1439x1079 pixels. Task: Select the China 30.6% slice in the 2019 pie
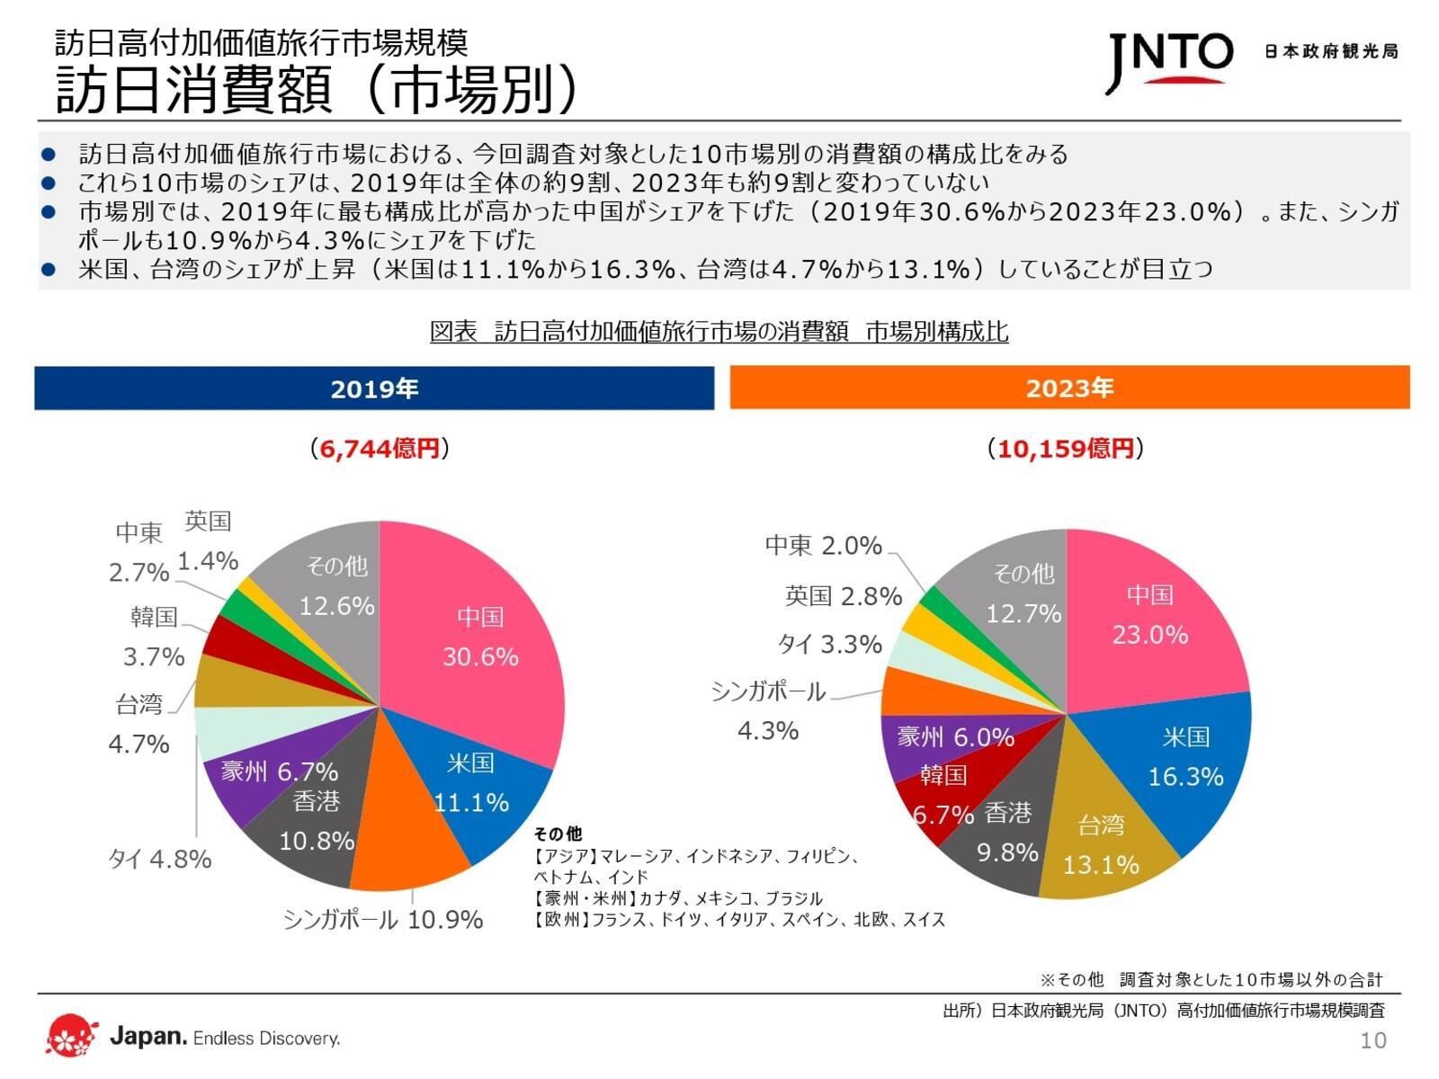(x=486, y=638)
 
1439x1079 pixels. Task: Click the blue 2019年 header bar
(x=374, y=388)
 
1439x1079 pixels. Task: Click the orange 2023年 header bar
(x=1069, y=388)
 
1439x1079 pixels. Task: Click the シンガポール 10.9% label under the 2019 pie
(x=383, y=919)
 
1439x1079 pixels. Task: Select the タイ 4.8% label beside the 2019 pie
(x=160, y=859)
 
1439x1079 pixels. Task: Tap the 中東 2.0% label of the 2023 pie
(x=823, y=546)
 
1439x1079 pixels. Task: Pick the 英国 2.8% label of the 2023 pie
(x=843, y=596)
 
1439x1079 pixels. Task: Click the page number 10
(x=1373, y=1040)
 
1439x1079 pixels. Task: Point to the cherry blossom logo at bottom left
(x=71, y=1036)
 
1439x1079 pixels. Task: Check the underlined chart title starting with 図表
(x=719, y=332)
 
